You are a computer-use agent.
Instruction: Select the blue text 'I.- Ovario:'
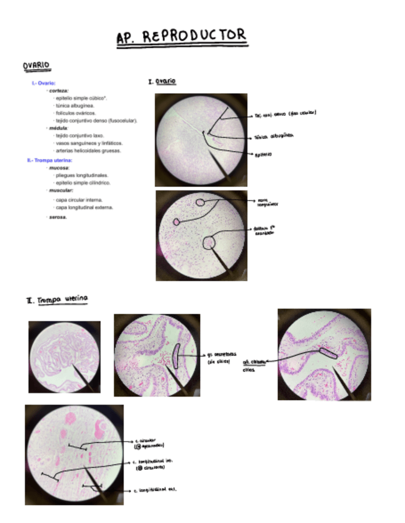coord(44,83)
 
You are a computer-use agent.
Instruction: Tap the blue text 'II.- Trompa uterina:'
coord(51,160)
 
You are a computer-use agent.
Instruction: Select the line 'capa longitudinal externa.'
coord(85,208)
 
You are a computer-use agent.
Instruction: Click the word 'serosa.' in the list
coord(59,218)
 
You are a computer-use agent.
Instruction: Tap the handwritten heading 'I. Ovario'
coord(162,81)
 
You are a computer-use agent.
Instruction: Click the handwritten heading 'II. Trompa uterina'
coord(57,300)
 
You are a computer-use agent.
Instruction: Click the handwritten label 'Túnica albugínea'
coord(274,136)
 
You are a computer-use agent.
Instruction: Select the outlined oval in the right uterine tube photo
coord(328,353)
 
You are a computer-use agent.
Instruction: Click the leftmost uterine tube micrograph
coord(64,356)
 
